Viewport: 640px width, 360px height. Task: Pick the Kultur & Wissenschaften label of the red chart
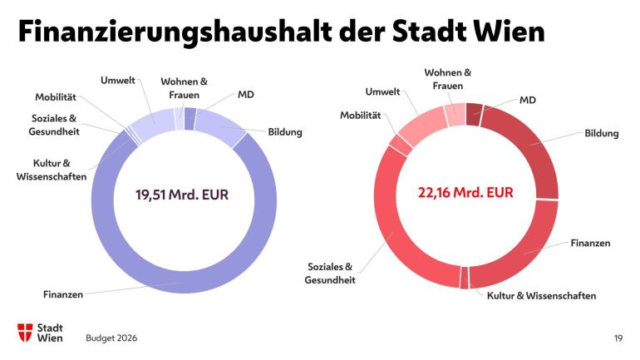point(541,295)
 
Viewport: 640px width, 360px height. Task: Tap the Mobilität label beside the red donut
point(360,115)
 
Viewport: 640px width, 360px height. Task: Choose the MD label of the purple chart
point(245,95)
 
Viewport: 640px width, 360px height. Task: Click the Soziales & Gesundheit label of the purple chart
point(55,124)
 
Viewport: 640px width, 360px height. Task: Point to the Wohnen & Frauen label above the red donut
point(448,78)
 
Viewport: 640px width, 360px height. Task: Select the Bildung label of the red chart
point(602,133)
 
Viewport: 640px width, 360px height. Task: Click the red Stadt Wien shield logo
point(26,333)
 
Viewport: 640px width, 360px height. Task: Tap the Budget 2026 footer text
point(111,338)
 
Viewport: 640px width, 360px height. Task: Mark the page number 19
point(618,338)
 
